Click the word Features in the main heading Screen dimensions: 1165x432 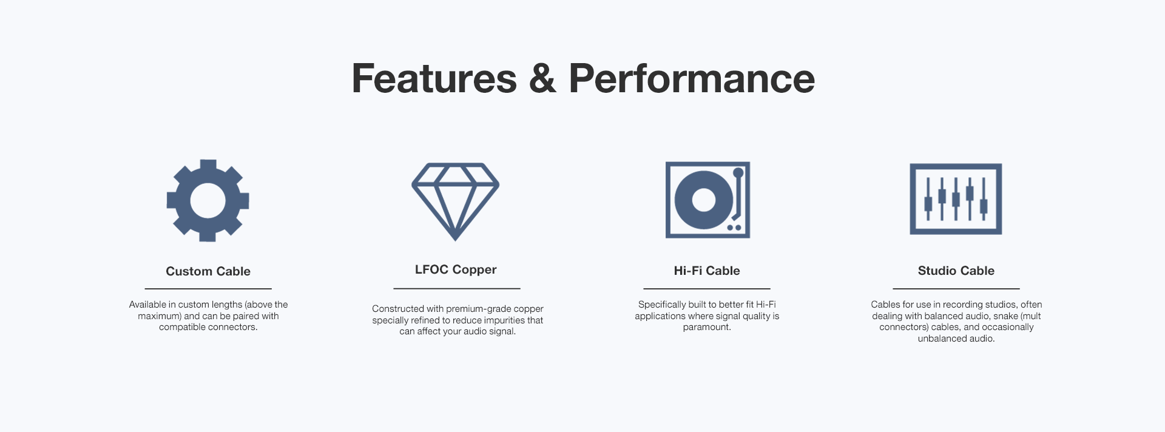[x=434, y=78]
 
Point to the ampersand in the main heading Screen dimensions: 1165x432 [x=542, y=78]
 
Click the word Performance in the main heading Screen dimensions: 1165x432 [x=692, y=78]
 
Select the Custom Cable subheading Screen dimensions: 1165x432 [x=208, y=271]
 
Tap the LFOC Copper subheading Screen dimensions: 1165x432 [x=456, y=269]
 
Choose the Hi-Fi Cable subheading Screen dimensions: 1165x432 [x=707, y=271]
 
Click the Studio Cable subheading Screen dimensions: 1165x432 [x=956, y=271]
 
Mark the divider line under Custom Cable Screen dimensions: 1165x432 [x=208, y=289]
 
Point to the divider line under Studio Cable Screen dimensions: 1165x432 [x=956, y=289]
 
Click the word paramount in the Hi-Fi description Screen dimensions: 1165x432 [x=707, y=328]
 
